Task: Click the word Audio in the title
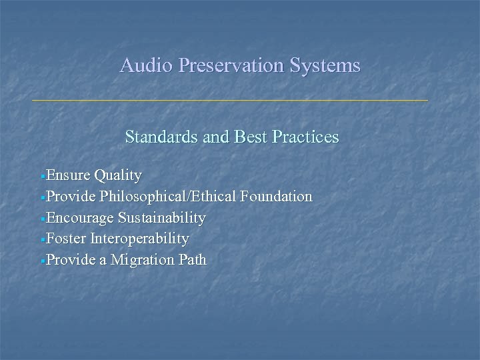(x=140, y=65)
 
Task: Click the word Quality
(x=118, y=175)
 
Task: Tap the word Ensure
(x=69, y=175)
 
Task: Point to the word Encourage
(x=81, y=218)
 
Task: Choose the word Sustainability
(x=161, y=218)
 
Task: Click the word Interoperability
(x=139, y=239)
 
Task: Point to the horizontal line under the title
(x=230, y=100)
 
